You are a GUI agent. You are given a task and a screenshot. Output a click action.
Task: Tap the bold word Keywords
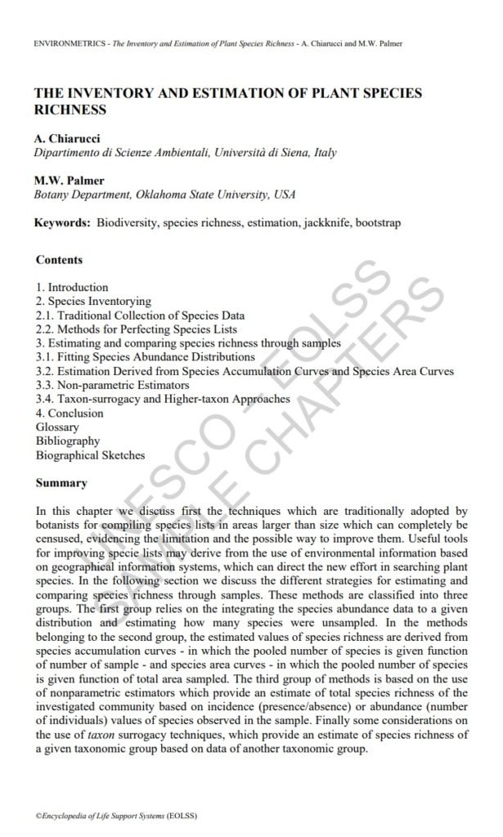(x=62, y=222)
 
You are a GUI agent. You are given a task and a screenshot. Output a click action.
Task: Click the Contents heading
(x=60, y=260)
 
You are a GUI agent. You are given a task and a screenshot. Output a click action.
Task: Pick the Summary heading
(x=61, y=483)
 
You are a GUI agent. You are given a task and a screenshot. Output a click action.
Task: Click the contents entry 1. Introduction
(x=73, y=288)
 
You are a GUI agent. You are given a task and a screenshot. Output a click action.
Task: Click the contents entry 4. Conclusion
(x=70, y=413)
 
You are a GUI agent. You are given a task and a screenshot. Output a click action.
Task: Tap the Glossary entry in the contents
(x=58, y=427)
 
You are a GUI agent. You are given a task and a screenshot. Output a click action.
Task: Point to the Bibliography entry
(x=68, y=441)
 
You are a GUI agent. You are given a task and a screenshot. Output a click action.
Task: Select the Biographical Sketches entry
(x=90, y=454)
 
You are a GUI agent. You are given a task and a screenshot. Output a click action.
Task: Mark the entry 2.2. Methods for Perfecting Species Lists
(x=136, y=329)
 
